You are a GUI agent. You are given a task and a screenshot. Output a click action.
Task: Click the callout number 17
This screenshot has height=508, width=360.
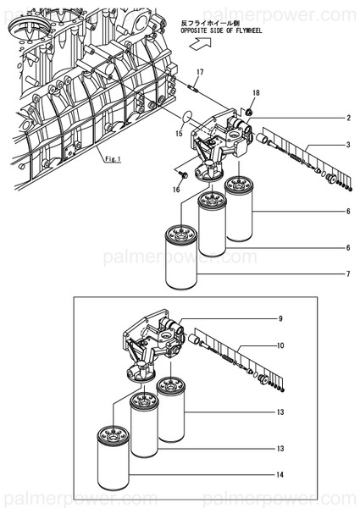pos(200,72)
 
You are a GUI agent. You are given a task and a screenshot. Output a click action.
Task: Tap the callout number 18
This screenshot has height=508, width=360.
pos(256,92)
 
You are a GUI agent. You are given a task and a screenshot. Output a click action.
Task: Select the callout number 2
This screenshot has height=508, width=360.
pos(349,118)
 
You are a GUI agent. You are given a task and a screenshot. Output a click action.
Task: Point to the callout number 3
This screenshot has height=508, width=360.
pos(349,145)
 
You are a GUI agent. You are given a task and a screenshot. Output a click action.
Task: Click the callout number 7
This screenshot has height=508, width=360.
pos(349,274)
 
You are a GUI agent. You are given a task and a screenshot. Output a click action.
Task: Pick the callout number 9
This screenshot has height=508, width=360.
pos(280,319)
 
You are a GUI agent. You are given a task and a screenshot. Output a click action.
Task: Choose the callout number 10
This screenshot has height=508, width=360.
pos(280,345)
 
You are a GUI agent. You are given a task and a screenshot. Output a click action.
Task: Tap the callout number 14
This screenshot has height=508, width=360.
pos(280,475)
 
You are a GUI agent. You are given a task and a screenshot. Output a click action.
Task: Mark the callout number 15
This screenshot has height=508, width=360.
pos(180,133)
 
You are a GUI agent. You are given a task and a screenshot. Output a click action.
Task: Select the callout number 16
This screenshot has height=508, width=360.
pos(176,189)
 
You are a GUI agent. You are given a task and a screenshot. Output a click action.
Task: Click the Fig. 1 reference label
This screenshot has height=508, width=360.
pos(113,159)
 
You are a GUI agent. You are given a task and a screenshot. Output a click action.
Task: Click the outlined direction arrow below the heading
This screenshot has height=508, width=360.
pos(200,43)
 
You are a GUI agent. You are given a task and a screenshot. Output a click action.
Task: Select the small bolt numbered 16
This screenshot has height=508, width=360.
pos(184,174)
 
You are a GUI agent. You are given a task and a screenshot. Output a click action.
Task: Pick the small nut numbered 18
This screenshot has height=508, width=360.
pos(248,112)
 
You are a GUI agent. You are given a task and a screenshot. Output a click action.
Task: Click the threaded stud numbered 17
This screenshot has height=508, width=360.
pos(191,87)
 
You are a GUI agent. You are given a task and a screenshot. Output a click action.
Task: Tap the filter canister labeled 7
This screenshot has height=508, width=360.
pos(181,257)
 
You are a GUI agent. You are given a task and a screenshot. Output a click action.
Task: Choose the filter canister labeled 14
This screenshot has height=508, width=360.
pos(114,458)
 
